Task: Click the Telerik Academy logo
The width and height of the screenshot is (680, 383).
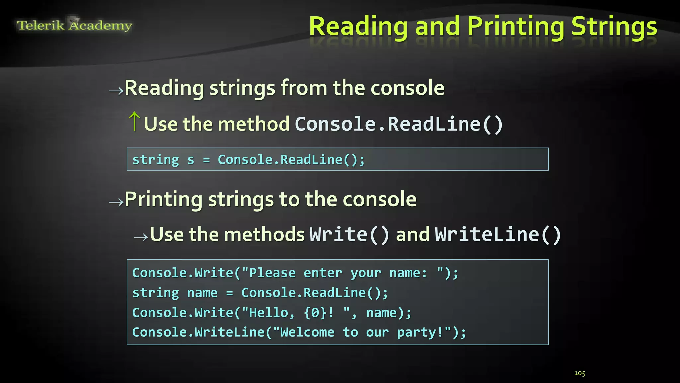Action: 74,25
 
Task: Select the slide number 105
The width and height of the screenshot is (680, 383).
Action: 580,373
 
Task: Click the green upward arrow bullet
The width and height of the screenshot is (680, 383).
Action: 134,121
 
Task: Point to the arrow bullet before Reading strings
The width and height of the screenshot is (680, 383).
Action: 116,90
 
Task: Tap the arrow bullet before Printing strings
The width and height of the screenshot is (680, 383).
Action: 116,202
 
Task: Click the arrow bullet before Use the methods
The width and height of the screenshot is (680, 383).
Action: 141,237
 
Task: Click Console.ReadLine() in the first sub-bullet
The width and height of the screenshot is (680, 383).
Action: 399,124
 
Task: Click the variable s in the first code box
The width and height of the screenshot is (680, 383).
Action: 191,160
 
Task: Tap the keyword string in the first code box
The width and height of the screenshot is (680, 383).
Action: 156,160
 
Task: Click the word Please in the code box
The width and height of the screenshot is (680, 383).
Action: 272,273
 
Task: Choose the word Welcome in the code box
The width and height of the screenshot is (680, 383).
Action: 307,332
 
